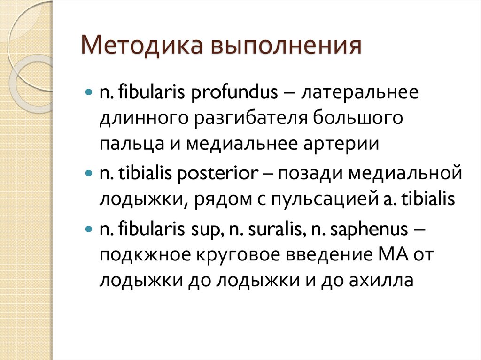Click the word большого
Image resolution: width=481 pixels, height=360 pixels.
tap(356, 118)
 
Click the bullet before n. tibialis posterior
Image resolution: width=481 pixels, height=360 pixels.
tap(89, 174)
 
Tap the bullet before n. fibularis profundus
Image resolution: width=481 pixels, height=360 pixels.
tap(89, 92)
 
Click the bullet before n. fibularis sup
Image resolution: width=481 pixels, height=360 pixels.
tap(89, 230)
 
